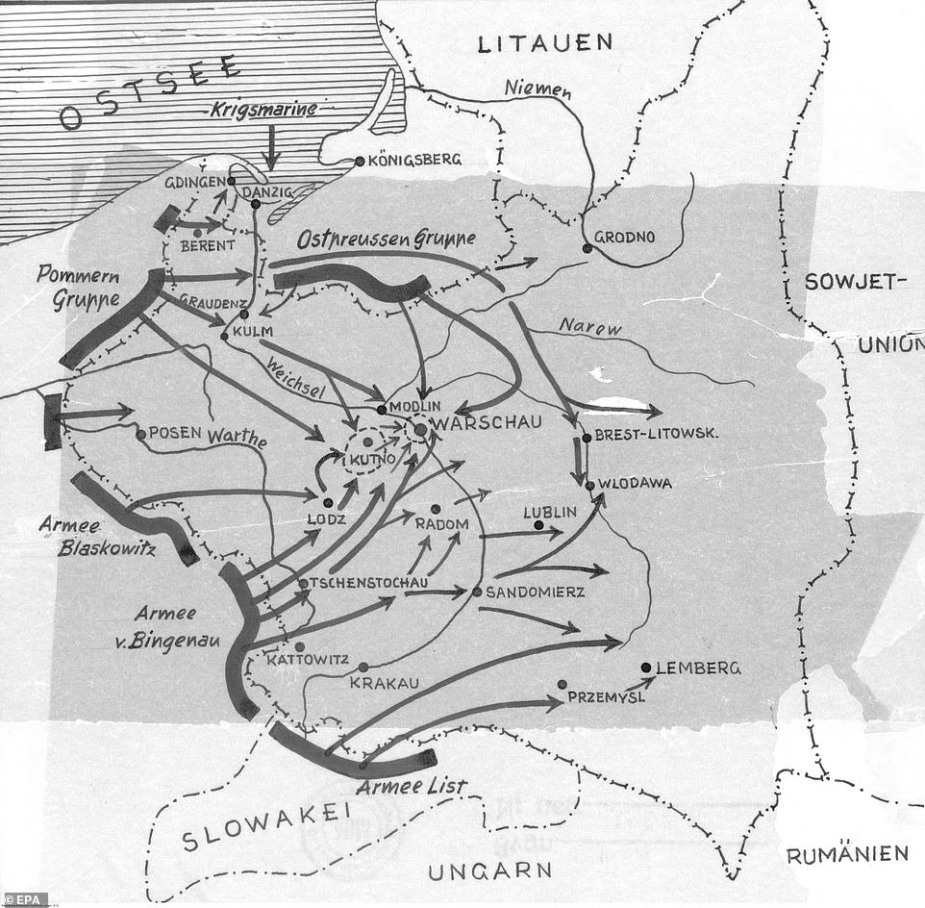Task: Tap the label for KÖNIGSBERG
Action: click(x=409, y=160)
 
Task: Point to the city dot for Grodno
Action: click(x=587, y=248)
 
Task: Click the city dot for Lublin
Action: click(x=538, y=525)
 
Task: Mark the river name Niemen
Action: click(x=540, y=91)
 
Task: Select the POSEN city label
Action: click(x=176, y=433)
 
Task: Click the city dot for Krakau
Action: click(x=362, y=667)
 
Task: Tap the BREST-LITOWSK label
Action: click(x=659, y=435)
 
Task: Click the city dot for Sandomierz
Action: click(x=476, y=592)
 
